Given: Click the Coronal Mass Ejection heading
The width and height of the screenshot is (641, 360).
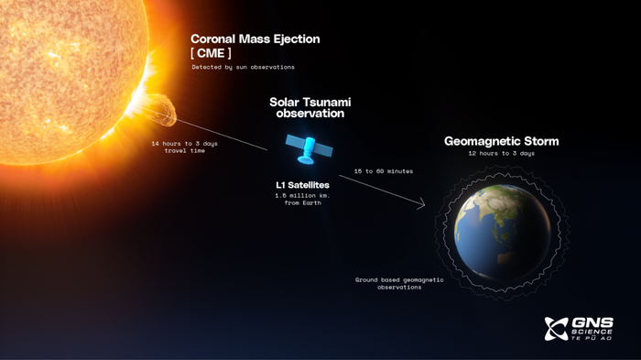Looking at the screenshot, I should (255, 39).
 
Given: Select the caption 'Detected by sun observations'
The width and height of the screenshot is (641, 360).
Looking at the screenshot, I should (243, 68).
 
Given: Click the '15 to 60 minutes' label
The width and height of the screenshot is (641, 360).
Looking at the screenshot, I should (383, 171).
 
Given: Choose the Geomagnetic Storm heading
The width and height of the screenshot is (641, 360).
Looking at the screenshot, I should (501, 142).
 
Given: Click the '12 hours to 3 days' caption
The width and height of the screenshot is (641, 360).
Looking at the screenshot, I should (501, 153).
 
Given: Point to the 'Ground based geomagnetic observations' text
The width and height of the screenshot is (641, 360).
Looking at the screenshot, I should (398, 283).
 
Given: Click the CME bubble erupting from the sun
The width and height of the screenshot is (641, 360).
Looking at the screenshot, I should (163, 115).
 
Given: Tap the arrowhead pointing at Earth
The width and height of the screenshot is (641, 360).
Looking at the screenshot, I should (422, 207).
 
